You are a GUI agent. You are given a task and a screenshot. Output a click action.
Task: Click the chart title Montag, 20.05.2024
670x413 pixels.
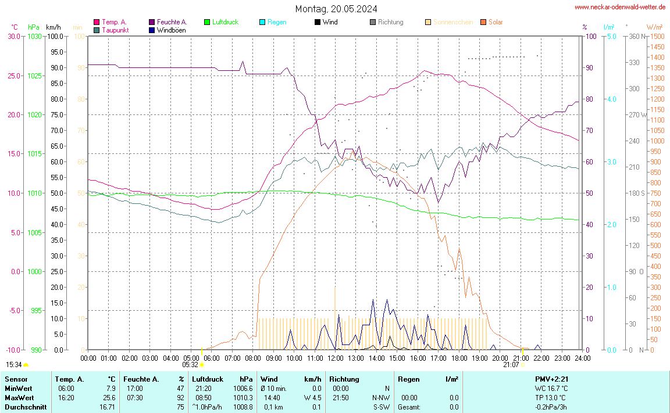(x=336, y=9)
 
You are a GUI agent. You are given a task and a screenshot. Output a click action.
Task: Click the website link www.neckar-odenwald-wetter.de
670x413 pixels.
(x=620, y=7)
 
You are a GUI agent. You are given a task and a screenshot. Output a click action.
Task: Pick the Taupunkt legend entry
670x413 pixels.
(x=115, y=30)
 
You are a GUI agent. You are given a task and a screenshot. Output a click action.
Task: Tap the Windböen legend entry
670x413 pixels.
(x=172, y=30)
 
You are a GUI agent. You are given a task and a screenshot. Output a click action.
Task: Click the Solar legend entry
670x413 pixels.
(x=496, y=22)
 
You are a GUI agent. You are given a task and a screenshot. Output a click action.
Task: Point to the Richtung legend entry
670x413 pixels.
(x=390, y=22)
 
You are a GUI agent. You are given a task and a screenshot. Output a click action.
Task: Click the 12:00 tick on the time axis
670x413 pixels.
(x=335, y=357)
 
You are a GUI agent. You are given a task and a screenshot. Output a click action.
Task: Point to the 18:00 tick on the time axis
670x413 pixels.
(x=459, y=357)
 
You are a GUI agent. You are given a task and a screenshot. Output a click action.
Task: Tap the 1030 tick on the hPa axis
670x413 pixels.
(x=34, y=36)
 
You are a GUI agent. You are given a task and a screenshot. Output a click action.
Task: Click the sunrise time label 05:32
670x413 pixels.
(x=190, y=365)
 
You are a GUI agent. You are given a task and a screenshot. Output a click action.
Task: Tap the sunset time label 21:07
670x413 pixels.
(x=511, y=365)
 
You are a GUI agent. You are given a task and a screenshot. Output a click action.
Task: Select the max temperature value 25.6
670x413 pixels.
(x=109, y=397)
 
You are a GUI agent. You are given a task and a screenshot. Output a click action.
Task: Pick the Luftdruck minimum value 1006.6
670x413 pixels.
(x=242, y=388)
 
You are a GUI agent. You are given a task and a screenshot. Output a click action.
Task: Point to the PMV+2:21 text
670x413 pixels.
(x=551, y=379)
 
